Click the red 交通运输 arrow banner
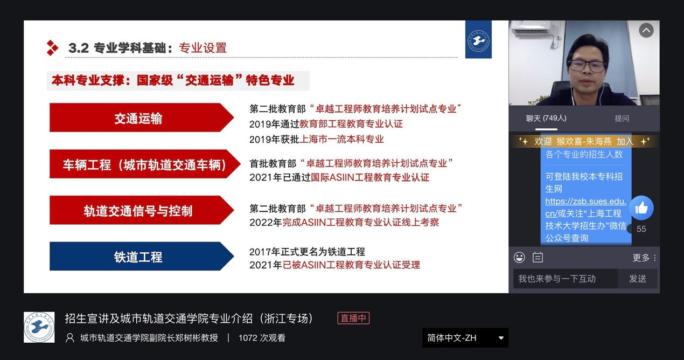(142, 117)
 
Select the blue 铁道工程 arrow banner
(142, 256)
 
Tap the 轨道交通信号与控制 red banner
(142, 210)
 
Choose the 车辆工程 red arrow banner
(144, 164)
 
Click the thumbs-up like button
(641, 208)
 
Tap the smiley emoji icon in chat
(519, 257)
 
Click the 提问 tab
(622, 118)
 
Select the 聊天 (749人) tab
(546, 118)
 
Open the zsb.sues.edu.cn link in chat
(585, 207)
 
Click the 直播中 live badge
(353, 318)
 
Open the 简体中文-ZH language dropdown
(465, 338)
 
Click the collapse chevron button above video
(646, 31)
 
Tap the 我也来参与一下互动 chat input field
(566, 279)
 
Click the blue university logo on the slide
(478, 39)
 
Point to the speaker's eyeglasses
(587, 66)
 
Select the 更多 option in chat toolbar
(644, 258)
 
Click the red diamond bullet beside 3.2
(52, 48)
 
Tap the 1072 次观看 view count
(262, 338)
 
